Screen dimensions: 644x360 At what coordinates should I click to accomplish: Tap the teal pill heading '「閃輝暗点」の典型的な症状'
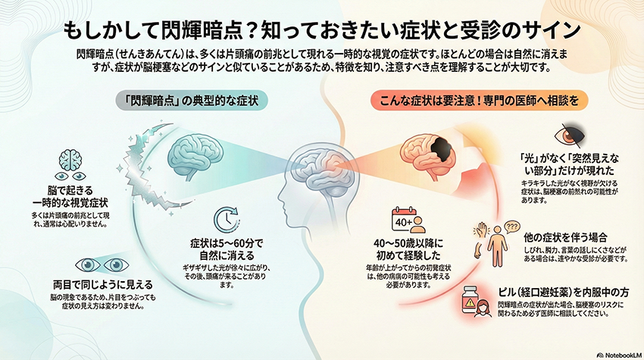[192, 101]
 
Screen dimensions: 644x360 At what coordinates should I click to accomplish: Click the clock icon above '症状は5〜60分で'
[227, 220]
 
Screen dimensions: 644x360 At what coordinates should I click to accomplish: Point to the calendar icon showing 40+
[408, 220]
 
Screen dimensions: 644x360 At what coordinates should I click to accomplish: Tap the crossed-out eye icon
[570, 135]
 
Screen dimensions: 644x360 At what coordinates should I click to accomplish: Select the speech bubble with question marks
[511, 227]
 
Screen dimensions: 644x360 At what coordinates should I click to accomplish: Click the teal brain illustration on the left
[195, 156]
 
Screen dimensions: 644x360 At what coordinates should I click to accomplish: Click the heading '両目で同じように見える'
[103, 284]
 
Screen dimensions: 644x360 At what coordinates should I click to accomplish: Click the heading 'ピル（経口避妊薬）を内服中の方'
[564, 293]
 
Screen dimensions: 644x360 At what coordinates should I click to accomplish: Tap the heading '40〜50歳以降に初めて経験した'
[408, 249]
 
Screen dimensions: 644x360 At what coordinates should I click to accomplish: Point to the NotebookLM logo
[619, 355]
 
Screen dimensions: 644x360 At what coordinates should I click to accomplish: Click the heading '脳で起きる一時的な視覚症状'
[70, 196]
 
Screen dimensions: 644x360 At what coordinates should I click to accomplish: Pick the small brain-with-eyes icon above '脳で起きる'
[70, 165]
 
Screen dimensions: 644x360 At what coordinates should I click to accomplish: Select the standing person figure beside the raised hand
[497, 246]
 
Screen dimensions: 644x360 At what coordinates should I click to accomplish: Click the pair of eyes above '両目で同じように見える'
[102, 265]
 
